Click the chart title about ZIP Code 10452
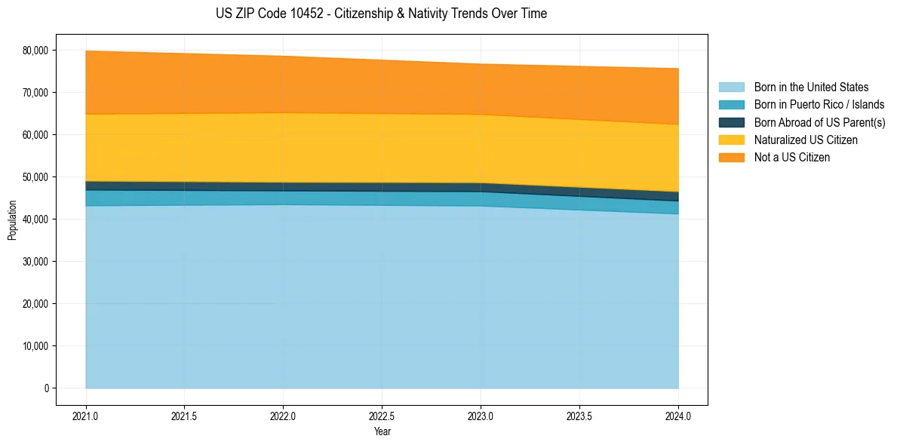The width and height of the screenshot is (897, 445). (x=381, y=14)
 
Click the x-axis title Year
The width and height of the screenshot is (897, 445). (x=382, y=431)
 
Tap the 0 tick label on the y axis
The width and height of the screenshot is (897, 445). (x=46, y=388)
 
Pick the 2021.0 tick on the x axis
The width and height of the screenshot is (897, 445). (x=86, y=416)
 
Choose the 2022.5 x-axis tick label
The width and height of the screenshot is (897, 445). (x=382, y=416)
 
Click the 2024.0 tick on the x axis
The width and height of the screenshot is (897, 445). (x=678, y=416)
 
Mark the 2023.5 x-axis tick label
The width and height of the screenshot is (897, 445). (x=579, y=416)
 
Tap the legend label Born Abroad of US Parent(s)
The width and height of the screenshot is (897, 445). (x=819, y=122)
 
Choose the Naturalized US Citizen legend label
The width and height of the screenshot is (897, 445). (x=806, y=140)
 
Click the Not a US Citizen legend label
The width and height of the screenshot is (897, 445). (x=792, y=158)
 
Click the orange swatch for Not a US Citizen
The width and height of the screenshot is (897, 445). (x=732, y=158)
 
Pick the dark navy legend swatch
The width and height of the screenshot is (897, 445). (x=732, y=122)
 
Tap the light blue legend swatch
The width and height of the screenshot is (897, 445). (x=732, y=87)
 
